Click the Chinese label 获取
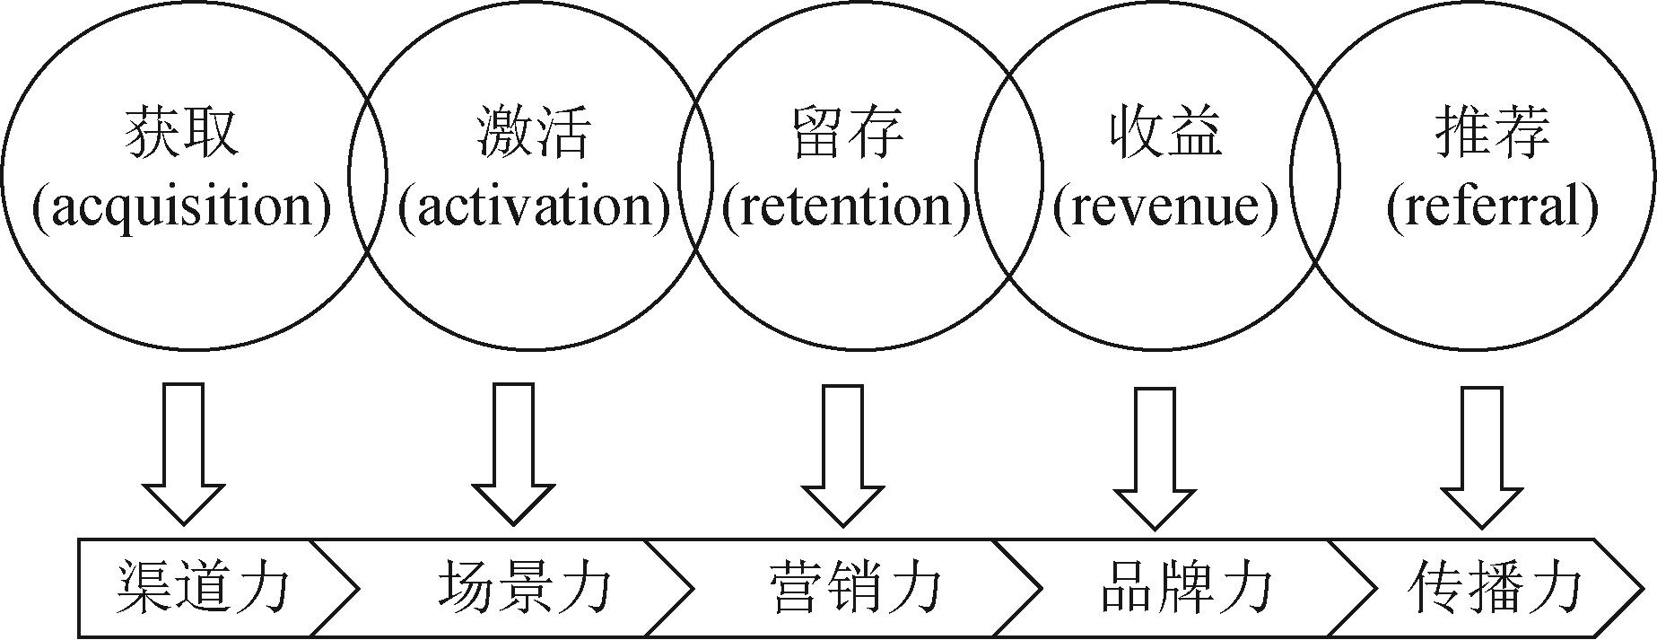[183, 134]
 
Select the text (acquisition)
[182, 207]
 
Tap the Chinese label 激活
[533, 134]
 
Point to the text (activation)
[534, 207]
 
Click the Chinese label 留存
[848, 134]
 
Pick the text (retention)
[847, 207]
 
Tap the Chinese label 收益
[1165, 134]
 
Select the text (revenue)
[1165, 207]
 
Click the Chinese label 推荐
[1493, 134]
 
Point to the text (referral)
[1493, 207]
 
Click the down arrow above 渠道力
[184, 453]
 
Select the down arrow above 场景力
[514, 453]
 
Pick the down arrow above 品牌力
[1155, 457]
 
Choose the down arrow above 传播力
[1481, 457]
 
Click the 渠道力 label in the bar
[204, 589]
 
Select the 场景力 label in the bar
[525, 589]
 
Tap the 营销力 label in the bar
[856, 589]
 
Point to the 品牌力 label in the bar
[1186, 589]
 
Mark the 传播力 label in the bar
[1495, 589]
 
